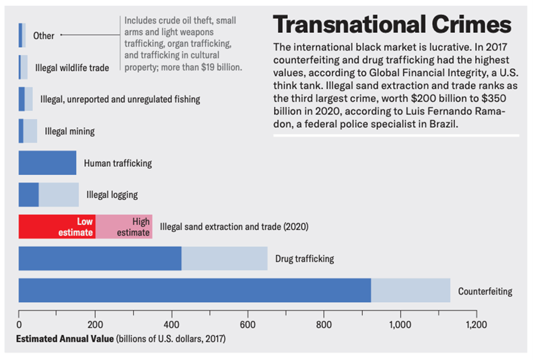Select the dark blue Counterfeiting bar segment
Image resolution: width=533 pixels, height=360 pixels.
(x=194, y=290)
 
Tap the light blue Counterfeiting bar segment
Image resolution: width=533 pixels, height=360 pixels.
(x=411, y=290)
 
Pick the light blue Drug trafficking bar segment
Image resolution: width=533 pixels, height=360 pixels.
(x=224, y=258)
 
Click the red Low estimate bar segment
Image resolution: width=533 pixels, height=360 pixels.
(x=57, y=226)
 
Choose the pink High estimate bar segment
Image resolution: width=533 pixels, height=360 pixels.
(x=124, y=226)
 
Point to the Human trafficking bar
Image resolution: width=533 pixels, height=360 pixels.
(x=47, y=163)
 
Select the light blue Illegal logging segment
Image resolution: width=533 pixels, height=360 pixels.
(x=59, y=194)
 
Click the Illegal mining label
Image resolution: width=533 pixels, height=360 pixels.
(x=69, y=131)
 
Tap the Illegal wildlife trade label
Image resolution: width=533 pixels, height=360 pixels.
(x=72, y=67)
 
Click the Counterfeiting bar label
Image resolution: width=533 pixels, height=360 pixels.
(x=485, y=291)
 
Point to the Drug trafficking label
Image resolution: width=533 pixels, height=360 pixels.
(x=304, y=259)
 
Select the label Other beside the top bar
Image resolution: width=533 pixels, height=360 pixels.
(x=44, y=36)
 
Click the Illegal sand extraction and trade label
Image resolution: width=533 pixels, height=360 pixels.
(x=234, y=227)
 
